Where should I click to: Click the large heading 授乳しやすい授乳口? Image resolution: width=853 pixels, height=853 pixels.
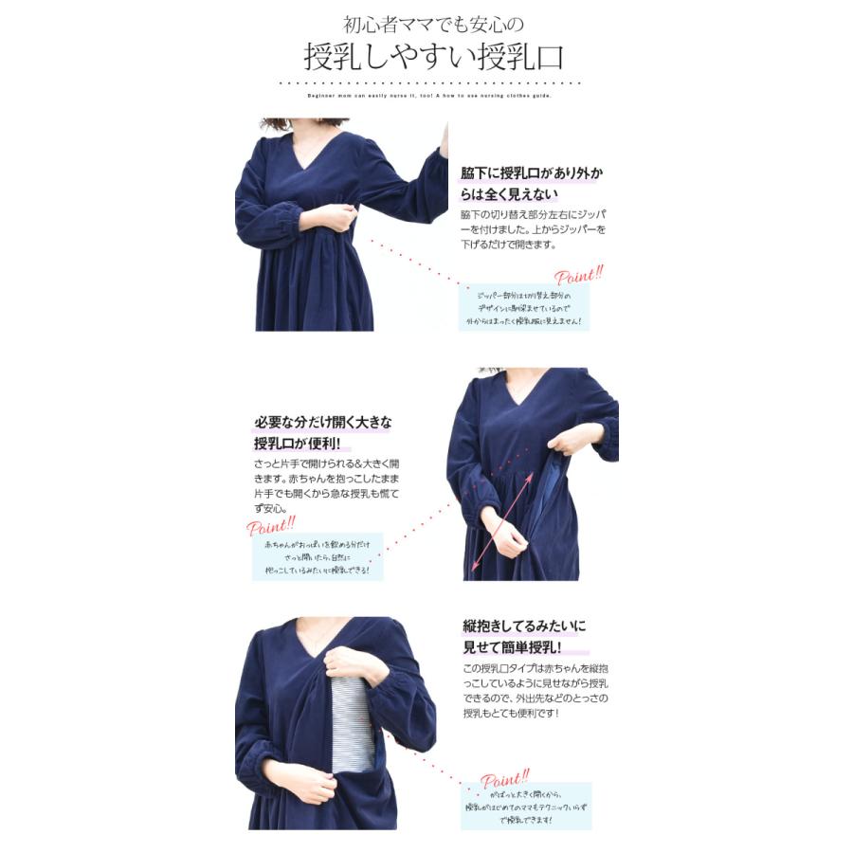[433, 57]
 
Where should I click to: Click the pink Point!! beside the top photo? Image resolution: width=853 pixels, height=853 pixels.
[578, 277]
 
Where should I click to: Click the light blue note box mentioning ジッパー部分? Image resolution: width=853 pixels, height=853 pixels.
[523, 309]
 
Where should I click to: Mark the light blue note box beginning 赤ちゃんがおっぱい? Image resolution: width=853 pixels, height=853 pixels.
[318, 558]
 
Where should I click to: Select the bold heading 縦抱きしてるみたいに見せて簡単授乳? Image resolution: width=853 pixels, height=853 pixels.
[524, 637]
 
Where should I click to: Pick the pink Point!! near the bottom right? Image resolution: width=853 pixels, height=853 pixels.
[505, 779]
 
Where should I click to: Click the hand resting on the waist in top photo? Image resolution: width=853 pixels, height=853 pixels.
[333, 219]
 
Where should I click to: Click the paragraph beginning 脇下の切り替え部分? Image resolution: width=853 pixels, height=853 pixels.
[534, 229]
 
